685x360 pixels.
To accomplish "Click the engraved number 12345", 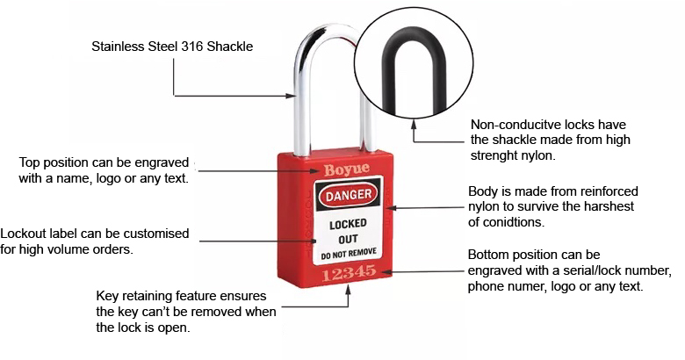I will (350, 276).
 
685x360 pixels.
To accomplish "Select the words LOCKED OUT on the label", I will (348, 231).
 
